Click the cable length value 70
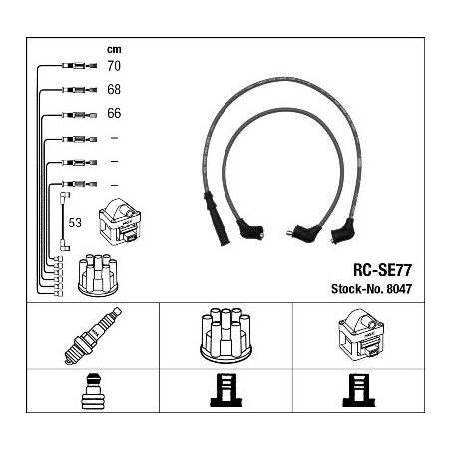pyautogui.click(x=114, y=66)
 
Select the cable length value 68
pyautogui.click(x=114, y=89)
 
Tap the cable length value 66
pyautogui.click(x=114, y=113)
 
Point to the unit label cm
pyautogui.click(x=114, y=49)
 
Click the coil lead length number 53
pyautogui.click(x=75, y=223)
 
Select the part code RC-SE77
pyautogui.click(x=382, y=270)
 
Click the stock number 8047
pyautogui.click(x=399, y=289)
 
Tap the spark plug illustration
pyautogui.click(x=93, y=336)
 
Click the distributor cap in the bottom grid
pyautogui.click(x=226, y=336)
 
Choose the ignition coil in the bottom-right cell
pyautogui.click(x=361, y=334)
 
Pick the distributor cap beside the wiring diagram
pyautogui.click(x=98, y=275)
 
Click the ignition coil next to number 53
pyautogui.click(x=120, y=222)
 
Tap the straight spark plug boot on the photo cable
pyautogui.click(x=217, y=219)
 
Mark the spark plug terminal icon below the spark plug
pyautogui.click(x=93, y=392)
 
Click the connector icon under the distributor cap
pyautogui.click(x=226, y=390)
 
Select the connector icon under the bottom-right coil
pyautogui.click(x=359, y=390)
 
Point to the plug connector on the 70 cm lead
pyautogui.click(x=80, y=66)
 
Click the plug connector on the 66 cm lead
pyautogui.click(x=80, y=115)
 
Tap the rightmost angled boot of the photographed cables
pyautogui.click(x=343, y=231)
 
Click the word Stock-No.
pyautogui.click(x=357, y=289)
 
